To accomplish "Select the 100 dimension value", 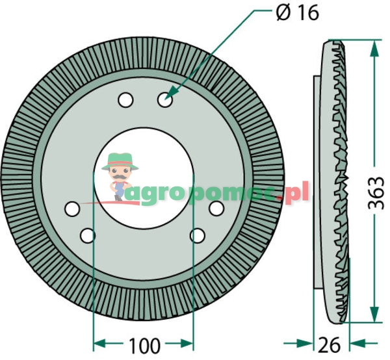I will pos(144,342).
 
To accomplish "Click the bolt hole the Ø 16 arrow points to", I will pos(164,101).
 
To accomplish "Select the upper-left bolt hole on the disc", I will pos(125,101).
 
